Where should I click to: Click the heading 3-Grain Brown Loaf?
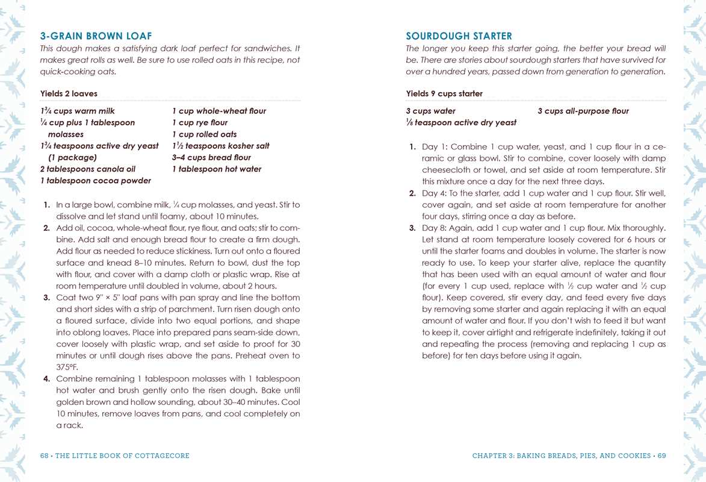(x=96, y=36)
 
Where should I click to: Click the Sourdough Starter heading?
(x=459, y=36)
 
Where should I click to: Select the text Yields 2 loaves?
(x=69, y=93)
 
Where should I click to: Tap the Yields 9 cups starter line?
(x=444, y=93)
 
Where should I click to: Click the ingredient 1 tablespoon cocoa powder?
(x=95, y=181)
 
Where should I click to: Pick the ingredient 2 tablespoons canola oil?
(x=84, y=169)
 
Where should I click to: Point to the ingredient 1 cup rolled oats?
(x=204, y=134)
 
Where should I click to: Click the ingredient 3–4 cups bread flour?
(x=211, y=158)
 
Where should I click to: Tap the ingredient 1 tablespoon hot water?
(x=217, y=169)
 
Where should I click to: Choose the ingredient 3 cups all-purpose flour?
(x=583, y=111)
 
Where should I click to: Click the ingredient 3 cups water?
(x=430, y=111)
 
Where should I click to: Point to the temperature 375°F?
(x=67, y=367)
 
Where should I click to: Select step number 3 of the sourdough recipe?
(x=412, y=228)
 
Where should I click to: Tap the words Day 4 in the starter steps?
(x=433, y=193)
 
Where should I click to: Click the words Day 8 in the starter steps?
(x=433, y=228)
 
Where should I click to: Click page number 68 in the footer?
(x=45, y=456)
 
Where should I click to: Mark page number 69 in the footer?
(x=661, y=456)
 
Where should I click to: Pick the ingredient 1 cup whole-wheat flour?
(x=218, y=111)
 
